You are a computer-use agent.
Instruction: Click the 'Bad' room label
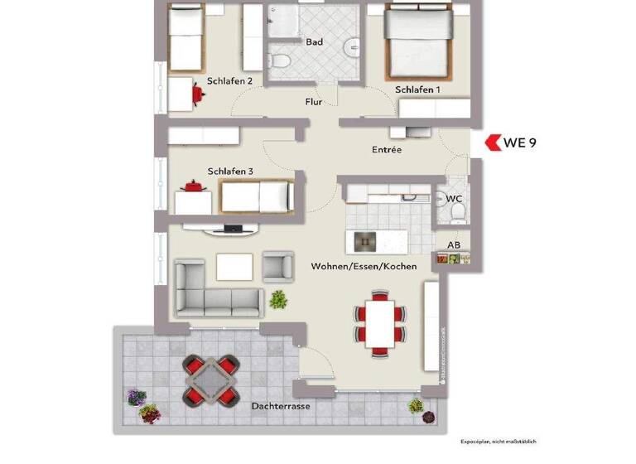[x=314, y=41]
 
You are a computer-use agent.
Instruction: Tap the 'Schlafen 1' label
[x=417, y=89]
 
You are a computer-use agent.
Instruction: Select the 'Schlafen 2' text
[x=231, y=81]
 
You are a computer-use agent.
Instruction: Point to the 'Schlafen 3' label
[x=230, y=172]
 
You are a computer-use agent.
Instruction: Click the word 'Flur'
[x=314, y=102]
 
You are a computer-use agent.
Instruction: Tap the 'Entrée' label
[x=387, y=150]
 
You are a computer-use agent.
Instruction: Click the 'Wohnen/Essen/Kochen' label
[x=364, y=267]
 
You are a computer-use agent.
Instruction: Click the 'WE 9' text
[x=520, y=143]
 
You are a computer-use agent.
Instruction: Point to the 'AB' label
[x=454, y=245]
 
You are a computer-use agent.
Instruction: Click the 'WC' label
[x=454, y=200]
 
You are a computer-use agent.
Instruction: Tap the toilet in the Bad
[x=281, y=60]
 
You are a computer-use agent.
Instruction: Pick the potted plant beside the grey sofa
[x=278, y=299]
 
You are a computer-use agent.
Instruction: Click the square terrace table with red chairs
[x=210, y=379]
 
